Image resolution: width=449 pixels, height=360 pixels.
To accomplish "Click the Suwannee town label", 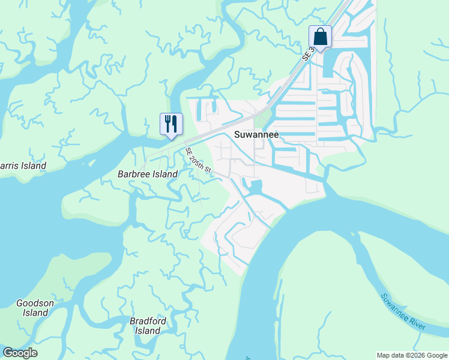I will (x=256, y=134).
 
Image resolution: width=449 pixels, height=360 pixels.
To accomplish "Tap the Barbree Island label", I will (x=148, y=174).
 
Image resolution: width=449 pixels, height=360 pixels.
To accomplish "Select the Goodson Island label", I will (x=35, y=308).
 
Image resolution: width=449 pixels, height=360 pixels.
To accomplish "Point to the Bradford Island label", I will (x=148, y=326).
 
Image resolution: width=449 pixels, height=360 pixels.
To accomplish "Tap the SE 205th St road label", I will (x=199, y=161).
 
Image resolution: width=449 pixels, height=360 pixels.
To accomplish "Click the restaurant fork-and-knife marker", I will (x=171, y=124).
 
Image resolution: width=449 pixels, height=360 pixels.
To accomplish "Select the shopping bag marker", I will (x=320, y=37).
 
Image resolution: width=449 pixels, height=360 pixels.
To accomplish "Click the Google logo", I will (x=20, y=353).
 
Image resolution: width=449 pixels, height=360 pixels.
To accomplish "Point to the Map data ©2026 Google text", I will (x=412, y=355).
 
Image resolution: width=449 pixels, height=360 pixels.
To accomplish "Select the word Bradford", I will (x=148, y=321).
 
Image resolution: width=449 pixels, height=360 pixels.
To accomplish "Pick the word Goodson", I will (x=35, y=303).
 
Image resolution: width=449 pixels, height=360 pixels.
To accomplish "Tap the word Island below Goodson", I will (x=35, y=313).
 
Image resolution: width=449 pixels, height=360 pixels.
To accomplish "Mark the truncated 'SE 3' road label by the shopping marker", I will (x=309, y=53).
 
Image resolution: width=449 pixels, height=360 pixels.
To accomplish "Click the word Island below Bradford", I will (x=148, y=331).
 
